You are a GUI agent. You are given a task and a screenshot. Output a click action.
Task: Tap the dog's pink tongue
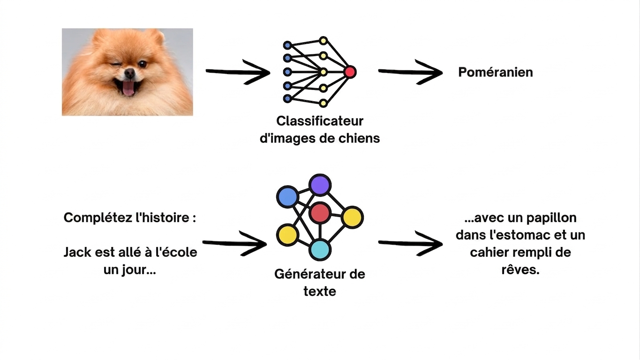(128, 89)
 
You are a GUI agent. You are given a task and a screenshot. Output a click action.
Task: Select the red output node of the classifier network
(350, 72)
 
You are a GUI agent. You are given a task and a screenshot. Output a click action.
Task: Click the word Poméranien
(496, 72)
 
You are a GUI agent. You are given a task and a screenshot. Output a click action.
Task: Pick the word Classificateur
(320, 121)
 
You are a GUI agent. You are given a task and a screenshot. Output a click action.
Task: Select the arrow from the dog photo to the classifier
(238, 72)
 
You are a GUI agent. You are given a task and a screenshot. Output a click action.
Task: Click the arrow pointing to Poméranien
(411, 72)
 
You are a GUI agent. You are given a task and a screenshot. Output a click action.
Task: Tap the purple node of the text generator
(320, 185)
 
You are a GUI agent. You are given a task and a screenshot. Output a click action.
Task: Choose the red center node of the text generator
(320, 213)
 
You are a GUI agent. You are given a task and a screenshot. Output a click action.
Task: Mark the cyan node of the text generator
(320, 249)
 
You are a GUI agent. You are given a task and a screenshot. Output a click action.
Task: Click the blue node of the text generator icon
(287, 196)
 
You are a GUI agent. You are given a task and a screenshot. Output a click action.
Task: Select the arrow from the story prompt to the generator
(234, 243)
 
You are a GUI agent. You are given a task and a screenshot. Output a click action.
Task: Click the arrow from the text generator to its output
(411, 243)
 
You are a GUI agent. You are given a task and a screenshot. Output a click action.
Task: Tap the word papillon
(551, 218)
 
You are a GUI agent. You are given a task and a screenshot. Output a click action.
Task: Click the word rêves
(520, 270)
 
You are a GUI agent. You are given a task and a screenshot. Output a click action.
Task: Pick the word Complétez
(98, 218)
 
